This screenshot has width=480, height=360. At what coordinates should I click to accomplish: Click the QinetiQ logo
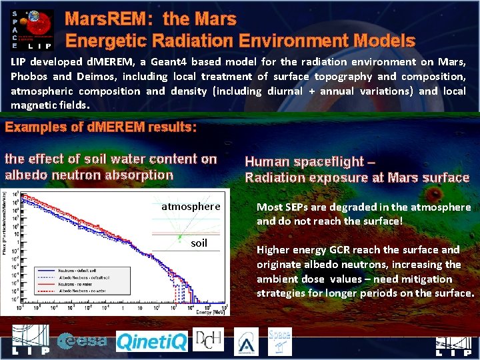[x=152, y=342]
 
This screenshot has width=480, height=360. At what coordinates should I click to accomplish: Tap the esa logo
[x=82, y=341]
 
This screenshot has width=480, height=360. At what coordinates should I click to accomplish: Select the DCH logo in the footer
[x=208, y=340]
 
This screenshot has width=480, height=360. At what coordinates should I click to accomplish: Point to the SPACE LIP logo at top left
[x=32, y=28]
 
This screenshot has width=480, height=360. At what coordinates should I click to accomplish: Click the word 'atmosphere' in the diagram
[x=191, y=207]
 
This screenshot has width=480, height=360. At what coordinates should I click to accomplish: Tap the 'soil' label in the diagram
[x=199, y=243]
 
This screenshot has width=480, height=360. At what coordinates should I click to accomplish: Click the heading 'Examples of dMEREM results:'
[x=101, y=127]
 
